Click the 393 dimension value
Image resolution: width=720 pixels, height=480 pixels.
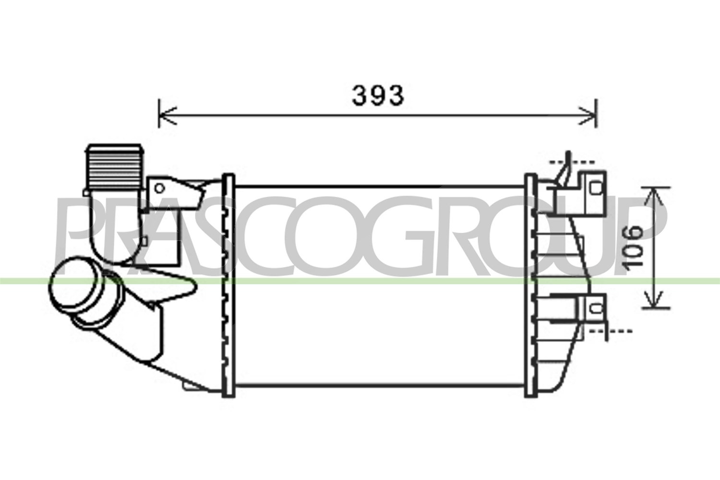(378, 96)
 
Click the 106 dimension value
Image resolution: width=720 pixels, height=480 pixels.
(632, 246)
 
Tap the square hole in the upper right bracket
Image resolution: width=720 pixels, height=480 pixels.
(596, 188)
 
